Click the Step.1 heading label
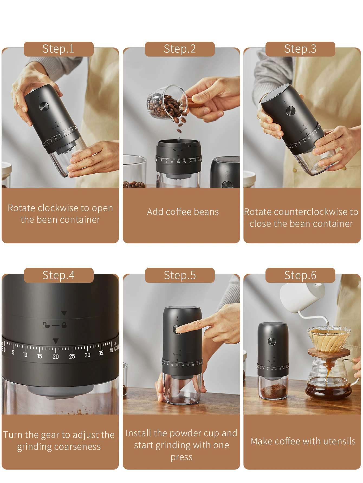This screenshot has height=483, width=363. pos(58,49)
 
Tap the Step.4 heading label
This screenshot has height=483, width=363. pos(58,275)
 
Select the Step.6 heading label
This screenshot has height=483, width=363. pos(300,275)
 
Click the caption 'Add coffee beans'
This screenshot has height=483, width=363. pos(183,212)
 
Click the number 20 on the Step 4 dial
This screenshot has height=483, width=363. pos(56,357)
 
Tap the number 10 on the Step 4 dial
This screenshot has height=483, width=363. pos(25,355)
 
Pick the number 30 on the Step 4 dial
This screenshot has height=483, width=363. pos(87,355)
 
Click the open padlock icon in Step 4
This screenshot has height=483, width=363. pos(46,325)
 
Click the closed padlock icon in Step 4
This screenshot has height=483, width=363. pos(64,325)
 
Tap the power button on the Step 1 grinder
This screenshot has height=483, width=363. pos(44,107)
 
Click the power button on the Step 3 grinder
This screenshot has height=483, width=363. pos(291,110)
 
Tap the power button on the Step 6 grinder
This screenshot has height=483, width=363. pos(272,341)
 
